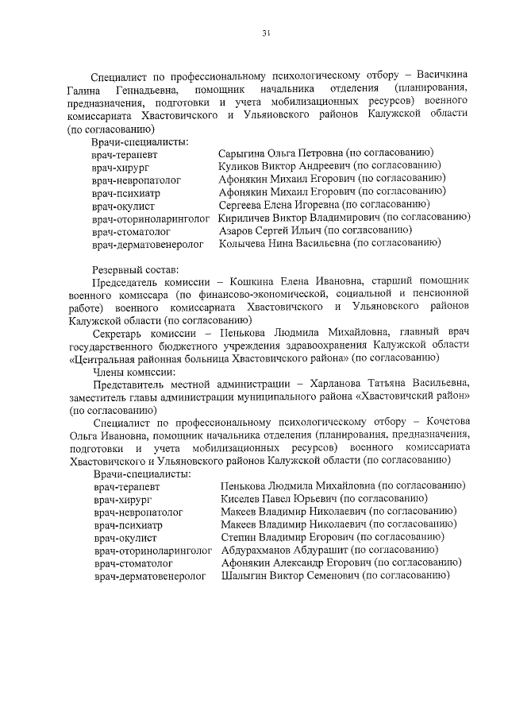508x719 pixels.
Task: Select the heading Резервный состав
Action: tap(129, 269)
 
